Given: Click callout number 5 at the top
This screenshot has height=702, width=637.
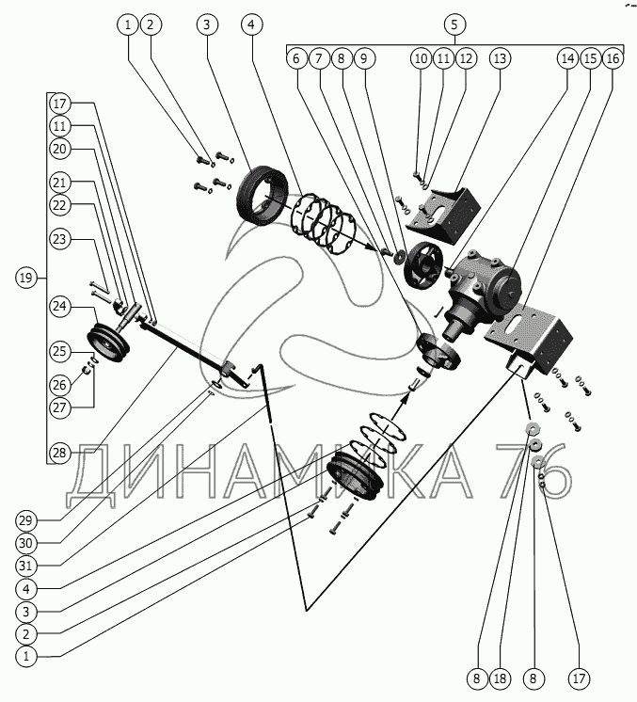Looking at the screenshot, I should click(x=454, y=24).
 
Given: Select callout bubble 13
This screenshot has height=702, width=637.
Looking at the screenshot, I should click(x=500, y=58).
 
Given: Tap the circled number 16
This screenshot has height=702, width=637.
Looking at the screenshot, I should click(x=613, y=58).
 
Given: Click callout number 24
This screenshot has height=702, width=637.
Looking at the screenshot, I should click(x=59, y=306).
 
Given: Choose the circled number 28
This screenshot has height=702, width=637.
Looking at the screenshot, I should click(x=59, y=454).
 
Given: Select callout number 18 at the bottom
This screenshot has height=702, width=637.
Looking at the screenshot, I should click(x=502, y=677).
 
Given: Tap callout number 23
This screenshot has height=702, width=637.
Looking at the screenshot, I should click(x=59, y=240).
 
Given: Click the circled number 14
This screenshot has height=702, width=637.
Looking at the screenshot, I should click(x=566, y=58).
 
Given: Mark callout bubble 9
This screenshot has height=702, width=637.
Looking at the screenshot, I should click(x=364, y=58).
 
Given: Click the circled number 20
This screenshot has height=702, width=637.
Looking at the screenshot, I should click(x=59, y=149).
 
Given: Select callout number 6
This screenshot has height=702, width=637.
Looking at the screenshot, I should click(x=296, y=58).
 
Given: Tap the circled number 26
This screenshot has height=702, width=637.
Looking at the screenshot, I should click(x=59, y=384).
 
